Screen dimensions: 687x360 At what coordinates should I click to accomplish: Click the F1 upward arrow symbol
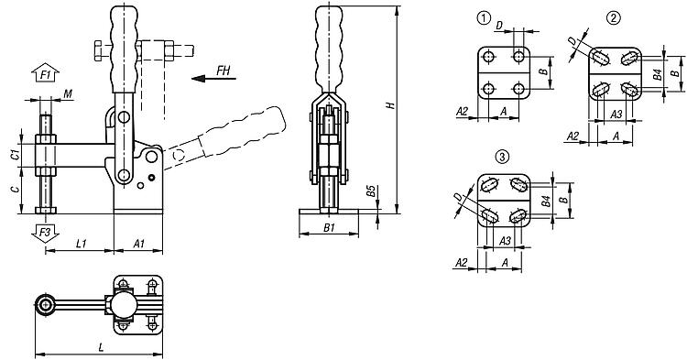45,73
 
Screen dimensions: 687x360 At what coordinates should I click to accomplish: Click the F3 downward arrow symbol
45,234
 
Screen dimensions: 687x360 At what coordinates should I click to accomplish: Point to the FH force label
223,71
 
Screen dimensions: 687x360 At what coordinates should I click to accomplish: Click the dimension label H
391,105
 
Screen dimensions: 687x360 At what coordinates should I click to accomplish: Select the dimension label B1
329,227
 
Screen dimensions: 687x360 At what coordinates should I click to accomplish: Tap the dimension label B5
371,191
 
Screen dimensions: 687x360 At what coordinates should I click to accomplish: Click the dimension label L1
82,244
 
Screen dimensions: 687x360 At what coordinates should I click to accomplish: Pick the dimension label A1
138,244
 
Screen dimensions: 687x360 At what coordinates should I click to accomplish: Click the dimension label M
68,93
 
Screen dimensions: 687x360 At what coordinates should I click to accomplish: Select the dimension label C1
15,155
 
